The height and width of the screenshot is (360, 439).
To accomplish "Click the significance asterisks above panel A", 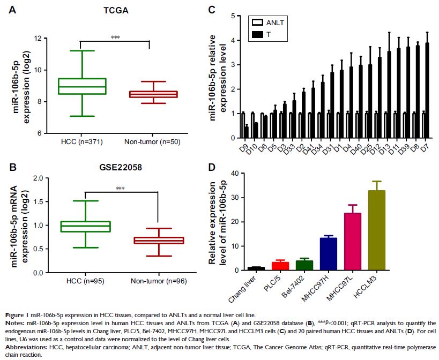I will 115,37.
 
